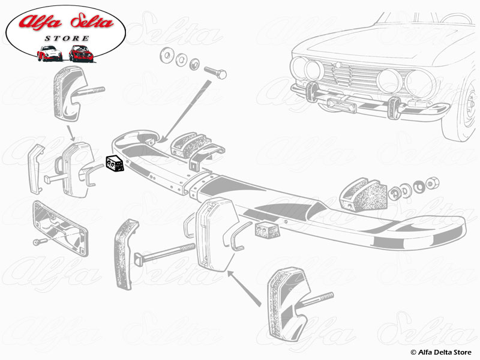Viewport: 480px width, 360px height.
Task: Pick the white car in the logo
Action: (x=49, y=53)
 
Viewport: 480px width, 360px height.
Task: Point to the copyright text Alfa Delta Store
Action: (x=440, y=352)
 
